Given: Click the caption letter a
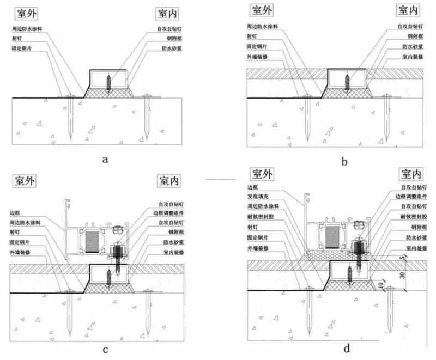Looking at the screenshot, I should click(x=105, y=159).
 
